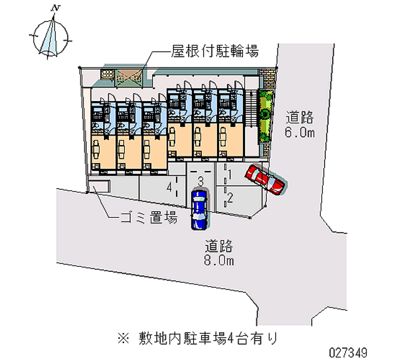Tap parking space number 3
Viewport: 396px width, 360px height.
(x=200, y=180)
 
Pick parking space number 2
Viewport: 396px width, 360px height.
(x=230, y=198)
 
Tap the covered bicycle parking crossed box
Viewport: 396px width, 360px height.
(x=129, y=76)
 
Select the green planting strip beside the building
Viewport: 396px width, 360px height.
(x=265, y=113)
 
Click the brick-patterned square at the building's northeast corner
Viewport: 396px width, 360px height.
(x=268, y=76)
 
